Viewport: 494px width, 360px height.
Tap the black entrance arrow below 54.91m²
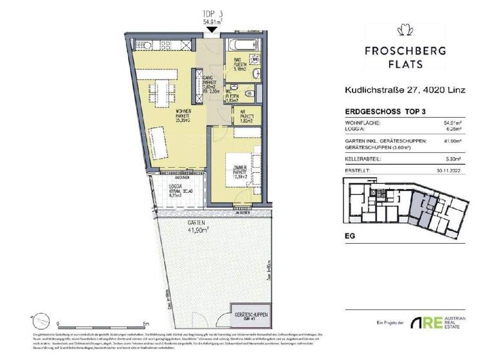[x=212, y=30]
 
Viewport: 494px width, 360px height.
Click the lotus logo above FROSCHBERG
[x=405, y=30]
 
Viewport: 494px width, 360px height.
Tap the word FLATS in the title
[x=405, y=64]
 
